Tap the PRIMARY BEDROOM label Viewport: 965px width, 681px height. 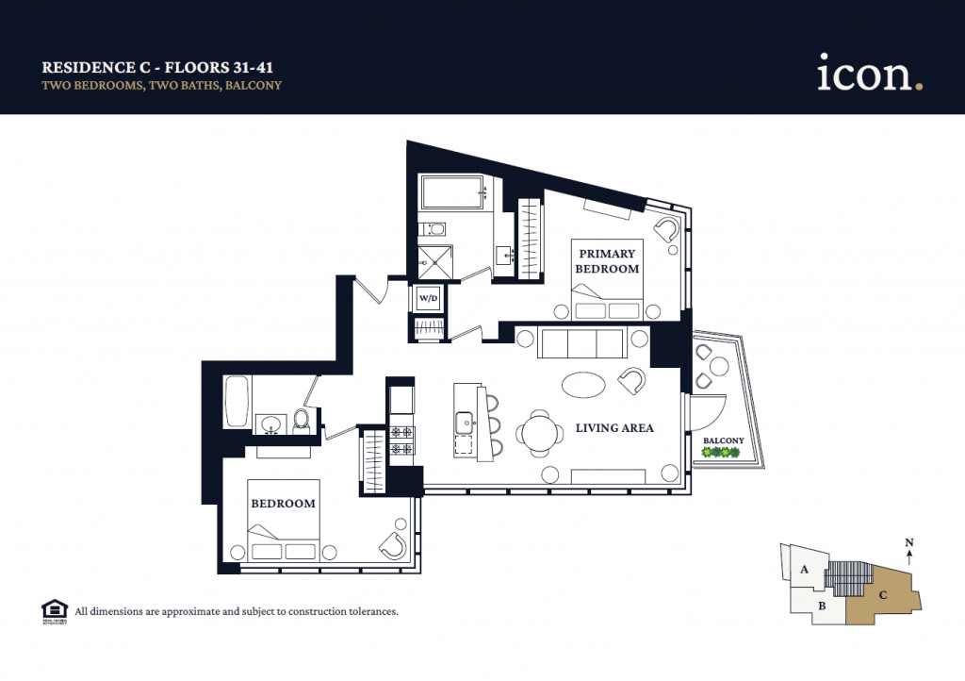(608, 261)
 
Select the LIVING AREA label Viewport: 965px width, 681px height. (614, 428)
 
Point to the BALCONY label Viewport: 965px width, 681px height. (723, 440)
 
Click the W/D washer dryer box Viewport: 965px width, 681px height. (428, 298)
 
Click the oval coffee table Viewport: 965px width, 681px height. (585, 384)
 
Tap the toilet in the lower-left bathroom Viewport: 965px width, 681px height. (302, 419)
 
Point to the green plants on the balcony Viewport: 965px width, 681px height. (721, 453)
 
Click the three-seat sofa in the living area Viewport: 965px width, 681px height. (581, 343)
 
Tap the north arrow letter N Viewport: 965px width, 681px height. (908, 542)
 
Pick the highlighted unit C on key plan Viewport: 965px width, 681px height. (882, 594)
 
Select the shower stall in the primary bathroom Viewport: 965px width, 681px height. (435, 259)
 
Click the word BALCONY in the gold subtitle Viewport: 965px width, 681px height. (254, 85)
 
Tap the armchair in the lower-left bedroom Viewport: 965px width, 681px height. (393, 544)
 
